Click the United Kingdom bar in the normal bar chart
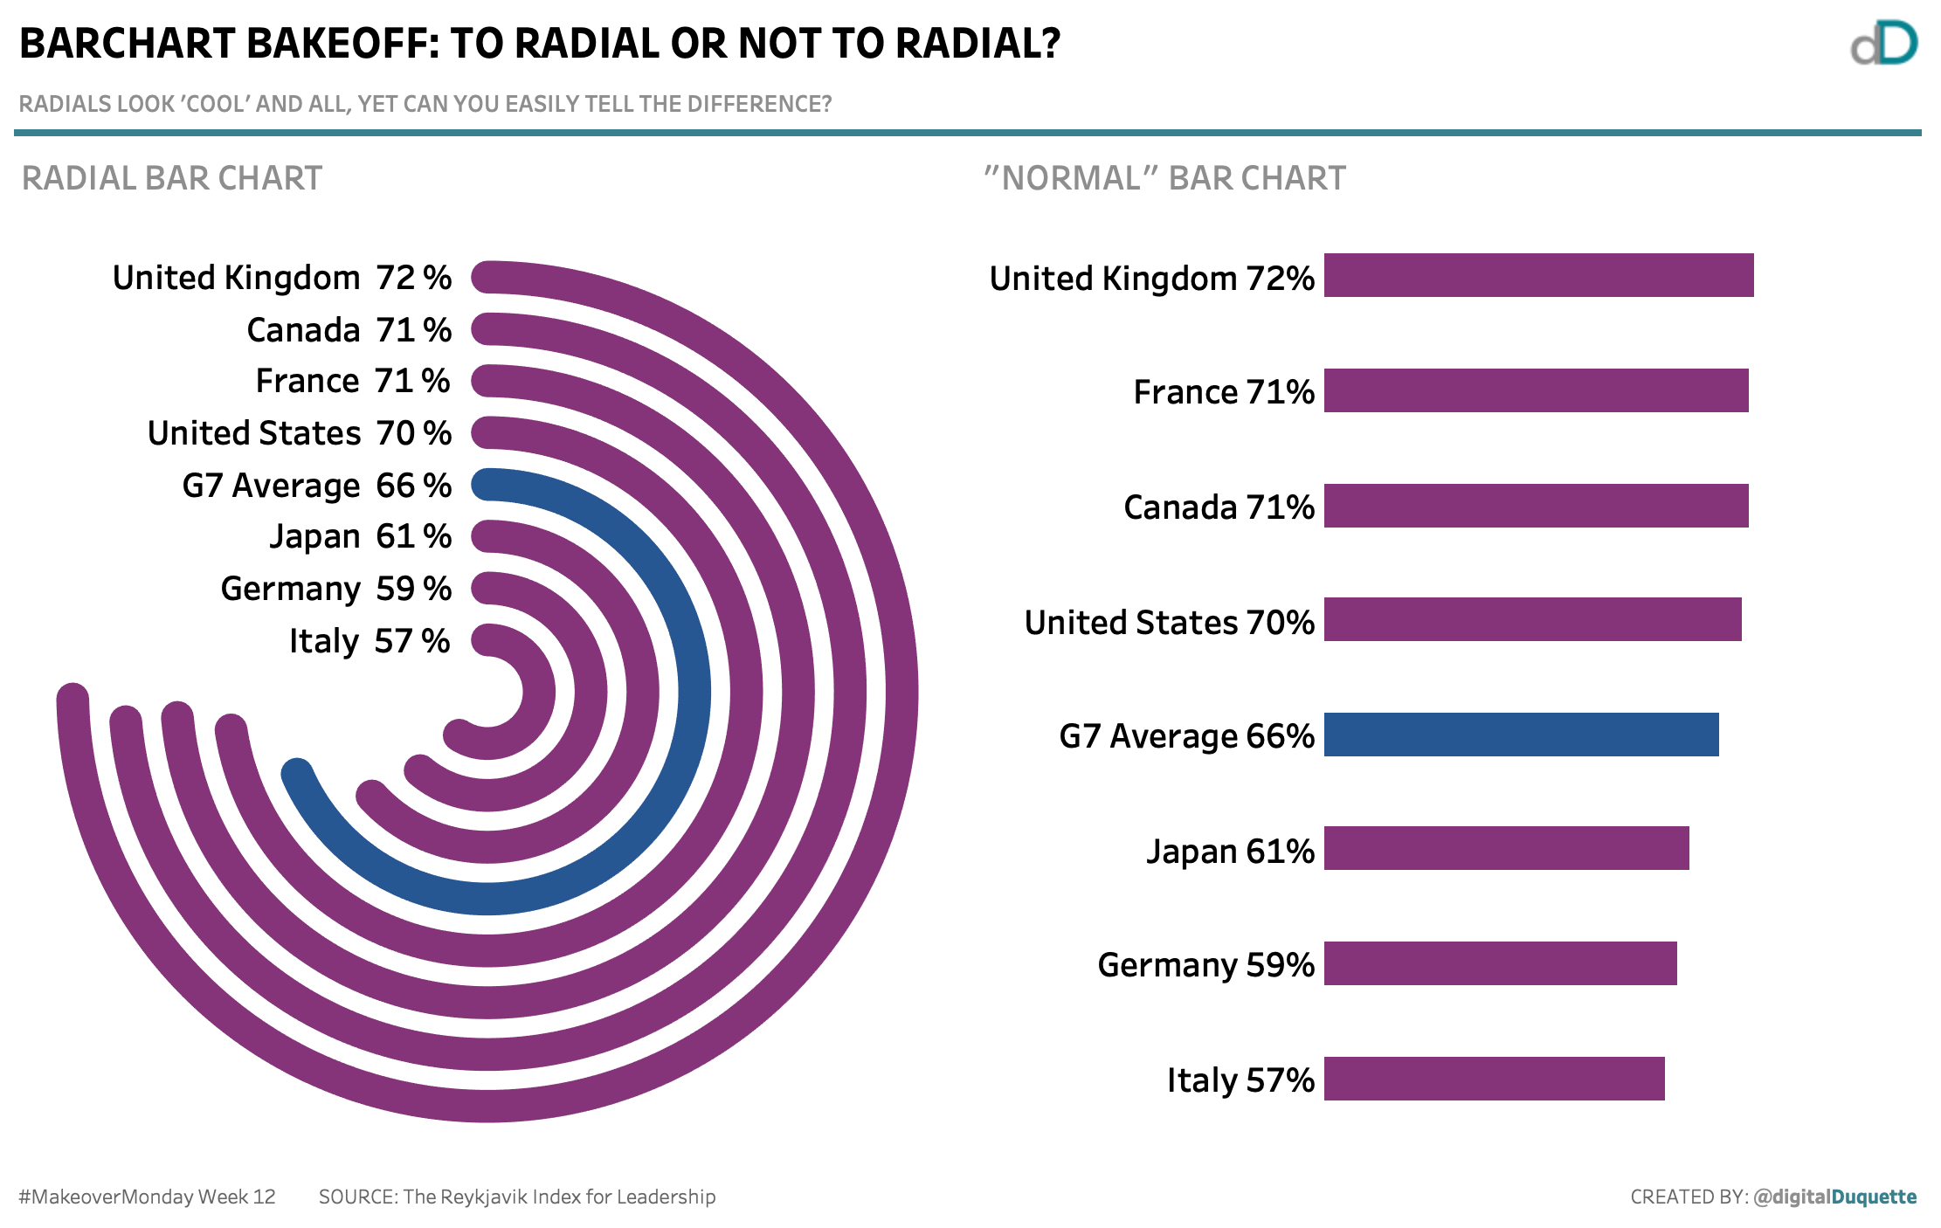click(1537, 275)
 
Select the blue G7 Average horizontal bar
click(1520, 735)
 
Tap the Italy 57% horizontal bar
click(1494, 1079)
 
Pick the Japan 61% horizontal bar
click(1506, 848)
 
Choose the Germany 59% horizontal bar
click(1500, 963)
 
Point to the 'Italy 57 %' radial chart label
click(370, 641)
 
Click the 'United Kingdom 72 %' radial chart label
click(282, 278)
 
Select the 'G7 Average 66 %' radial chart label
click(316, 486)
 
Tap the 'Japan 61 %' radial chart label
click(360, 536)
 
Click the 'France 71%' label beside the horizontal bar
click(1223, 392)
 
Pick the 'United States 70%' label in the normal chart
click(1169, 623)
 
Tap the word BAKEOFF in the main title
click(342, 44)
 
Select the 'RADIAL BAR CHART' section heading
click(172, 178)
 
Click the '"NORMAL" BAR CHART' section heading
click(1164, 178)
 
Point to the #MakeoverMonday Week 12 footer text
click(147, 1197)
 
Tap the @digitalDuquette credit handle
click(1834, 1197)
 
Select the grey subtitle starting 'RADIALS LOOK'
click(425, 104)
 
